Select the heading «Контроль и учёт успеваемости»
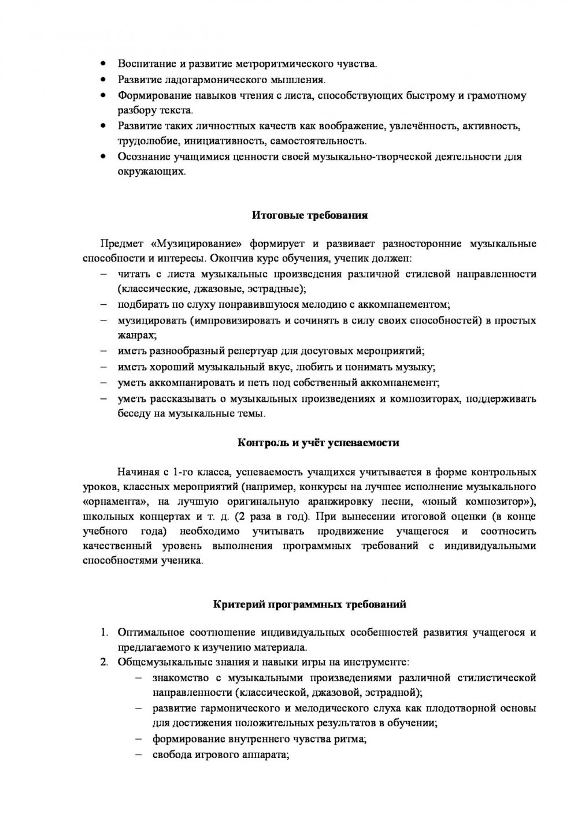[318, 443]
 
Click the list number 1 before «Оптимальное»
[105, 632]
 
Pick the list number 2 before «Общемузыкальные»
[105, 662]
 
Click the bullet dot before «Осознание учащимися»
[103, 156]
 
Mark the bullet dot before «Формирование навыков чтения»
[103, 95]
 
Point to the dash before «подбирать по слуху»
[103, 305]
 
